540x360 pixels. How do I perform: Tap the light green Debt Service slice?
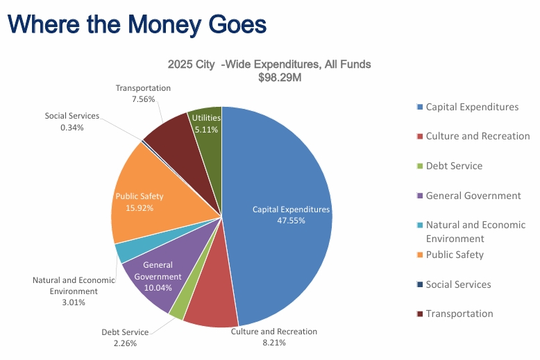[x=178, y=310]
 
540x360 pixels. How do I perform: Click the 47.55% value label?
[x=292, y=221]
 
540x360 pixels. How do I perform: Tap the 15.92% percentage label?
[x=140, y=207]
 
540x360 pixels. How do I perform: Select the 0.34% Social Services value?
[x=72, y=128]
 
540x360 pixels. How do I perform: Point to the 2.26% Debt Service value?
[x=124, y=343]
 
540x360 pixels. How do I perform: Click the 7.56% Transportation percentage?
[x=143, y=99]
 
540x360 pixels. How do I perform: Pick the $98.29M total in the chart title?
[x=269, y=78]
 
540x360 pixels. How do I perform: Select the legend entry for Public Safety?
[x=455, y=255]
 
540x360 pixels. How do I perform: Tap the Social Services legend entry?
[x=458, y=284]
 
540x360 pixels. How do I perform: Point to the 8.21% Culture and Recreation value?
[x=273, y=343]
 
